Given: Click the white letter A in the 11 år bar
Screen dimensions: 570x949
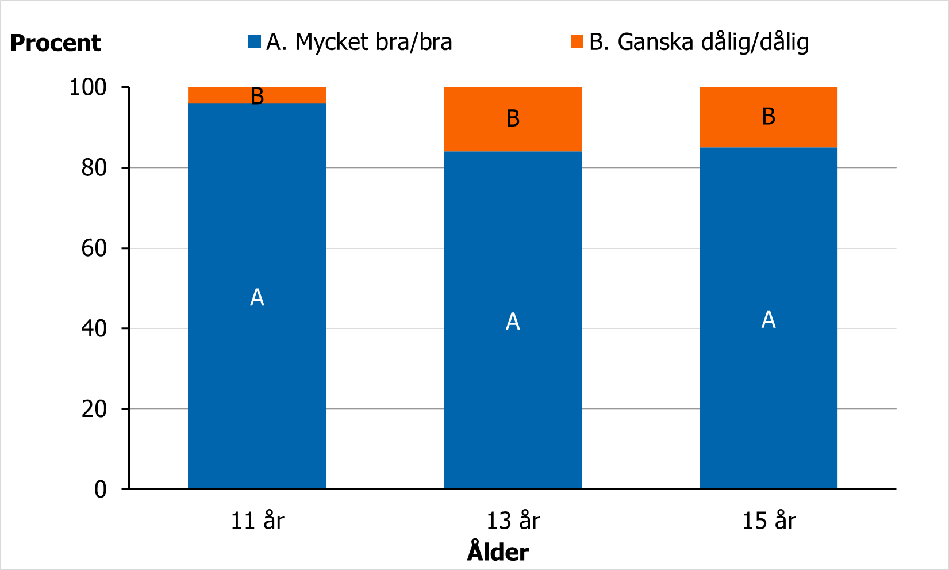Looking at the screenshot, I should pos(257,297).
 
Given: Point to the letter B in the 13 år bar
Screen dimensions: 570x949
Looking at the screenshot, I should pos(513,118).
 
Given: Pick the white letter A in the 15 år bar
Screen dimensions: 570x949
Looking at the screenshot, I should pos(769,319).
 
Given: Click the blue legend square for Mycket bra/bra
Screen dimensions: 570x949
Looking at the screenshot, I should pos(254,42).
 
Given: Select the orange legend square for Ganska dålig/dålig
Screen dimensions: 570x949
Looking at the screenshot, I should pos(577,42).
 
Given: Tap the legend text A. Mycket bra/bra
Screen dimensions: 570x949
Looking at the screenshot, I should pos(359,42).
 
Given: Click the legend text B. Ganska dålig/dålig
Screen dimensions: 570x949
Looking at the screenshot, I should pos(699,42).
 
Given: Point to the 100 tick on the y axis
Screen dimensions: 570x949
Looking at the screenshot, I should pos(88,87).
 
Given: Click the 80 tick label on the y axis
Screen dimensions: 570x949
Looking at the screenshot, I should pos(94,168).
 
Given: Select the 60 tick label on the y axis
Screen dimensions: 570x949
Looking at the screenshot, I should pos(94,248).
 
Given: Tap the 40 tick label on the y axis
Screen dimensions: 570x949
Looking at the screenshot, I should pos(94,328).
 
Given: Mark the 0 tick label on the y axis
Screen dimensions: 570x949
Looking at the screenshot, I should pos(101,489).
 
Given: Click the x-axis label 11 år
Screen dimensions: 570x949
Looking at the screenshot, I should pos(257,521).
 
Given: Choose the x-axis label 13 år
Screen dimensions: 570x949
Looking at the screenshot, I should pos(513,521).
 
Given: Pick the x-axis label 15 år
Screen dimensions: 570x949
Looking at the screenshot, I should pos(769,521).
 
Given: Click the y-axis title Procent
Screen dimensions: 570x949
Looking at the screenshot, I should pos(55,43).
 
